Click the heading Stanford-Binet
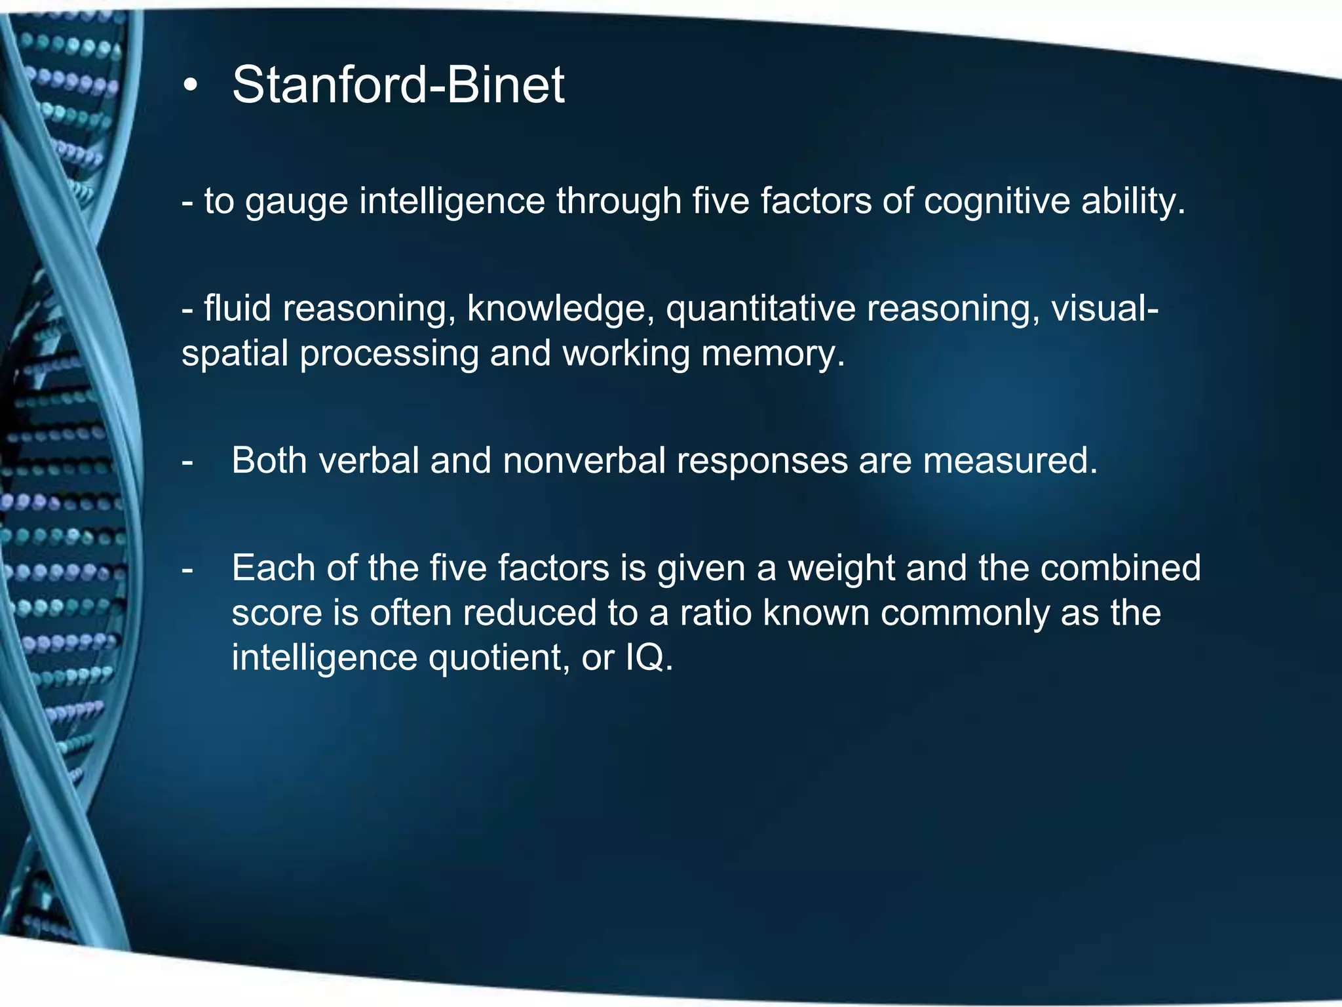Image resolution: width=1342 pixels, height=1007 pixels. coord(398,85)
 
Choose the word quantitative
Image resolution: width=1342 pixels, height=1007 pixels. coord(761,308)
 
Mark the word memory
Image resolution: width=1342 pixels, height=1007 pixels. coord(773,353)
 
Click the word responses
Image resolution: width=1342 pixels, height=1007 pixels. coord(762,460)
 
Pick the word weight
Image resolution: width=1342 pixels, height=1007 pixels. coord(841,568)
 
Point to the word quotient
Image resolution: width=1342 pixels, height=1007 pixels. coord(499,658)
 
